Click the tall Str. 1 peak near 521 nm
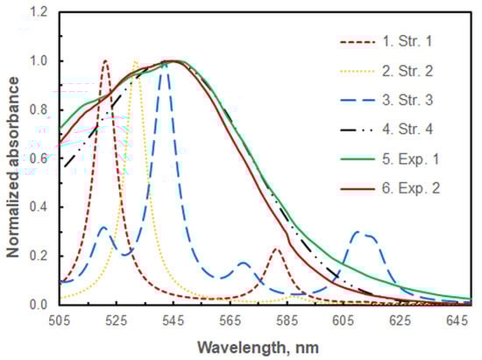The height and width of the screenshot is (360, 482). (105, 61)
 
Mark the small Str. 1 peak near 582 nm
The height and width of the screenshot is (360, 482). (277, 250)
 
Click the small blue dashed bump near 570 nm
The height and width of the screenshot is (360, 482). (243, 263)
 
